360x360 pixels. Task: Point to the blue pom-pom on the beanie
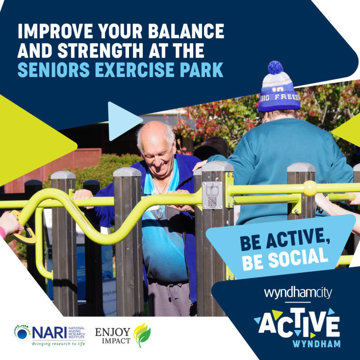(276, 67)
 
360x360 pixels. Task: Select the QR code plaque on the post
(212, 195)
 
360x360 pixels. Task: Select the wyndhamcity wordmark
(298, 293)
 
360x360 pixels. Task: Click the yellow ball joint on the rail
(309, 188)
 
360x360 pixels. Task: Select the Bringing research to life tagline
(58, 344)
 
